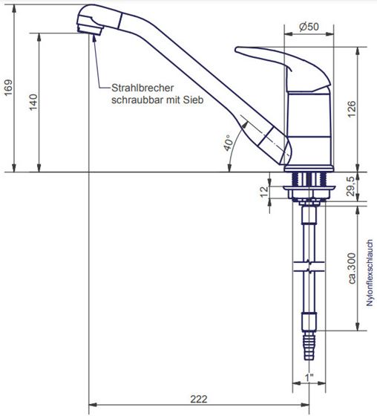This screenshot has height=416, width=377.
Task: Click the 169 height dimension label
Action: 8,88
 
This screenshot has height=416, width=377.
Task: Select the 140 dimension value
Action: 33,103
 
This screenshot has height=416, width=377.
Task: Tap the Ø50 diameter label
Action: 309,27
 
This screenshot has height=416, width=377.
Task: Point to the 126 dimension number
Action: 352,109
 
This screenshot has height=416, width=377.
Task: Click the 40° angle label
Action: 228,143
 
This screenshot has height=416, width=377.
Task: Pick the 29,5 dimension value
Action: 350,186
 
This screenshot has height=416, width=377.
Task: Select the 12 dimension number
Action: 264,192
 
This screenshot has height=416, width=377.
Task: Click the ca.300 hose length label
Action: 352,268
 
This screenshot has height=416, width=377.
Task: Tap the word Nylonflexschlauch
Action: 370,273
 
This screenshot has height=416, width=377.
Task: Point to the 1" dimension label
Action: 309,377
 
